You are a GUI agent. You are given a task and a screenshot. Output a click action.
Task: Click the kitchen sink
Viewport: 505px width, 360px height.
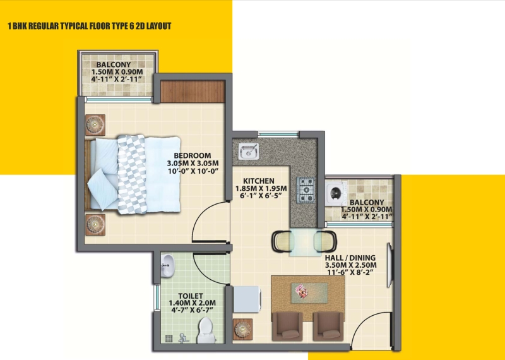(248, 151)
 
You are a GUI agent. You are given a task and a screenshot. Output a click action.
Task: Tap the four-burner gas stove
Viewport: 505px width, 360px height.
(305, 190)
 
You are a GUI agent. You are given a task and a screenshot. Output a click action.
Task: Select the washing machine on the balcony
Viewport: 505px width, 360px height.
(336, 194)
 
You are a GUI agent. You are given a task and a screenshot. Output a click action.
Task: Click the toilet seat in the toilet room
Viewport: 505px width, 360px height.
(206, 330)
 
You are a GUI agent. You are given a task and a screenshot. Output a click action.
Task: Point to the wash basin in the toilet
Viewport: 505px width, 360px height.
(167, 265)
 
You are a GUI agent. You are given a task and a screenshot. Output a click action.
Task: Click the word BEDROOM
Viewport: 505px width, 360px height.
(193, 155)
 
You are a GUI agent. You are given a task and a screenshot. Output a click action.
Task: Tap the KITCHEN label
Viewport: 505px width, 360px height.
(259, 181)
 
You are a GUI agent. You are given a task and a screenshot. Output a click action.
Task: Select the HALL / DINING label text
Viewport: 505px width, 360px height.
(350, 258)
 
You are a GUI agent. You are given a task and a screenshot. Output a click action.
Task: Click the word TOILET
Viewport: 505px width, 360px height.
(191, 296)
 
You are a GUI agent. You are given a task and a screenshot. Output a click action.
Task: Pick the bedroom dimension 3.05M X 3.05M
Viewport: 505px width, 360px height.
(193, 164)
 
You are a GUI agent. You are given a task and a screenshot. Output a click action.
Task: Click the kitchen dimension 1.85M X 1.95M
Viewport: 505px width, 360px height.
(261, 189)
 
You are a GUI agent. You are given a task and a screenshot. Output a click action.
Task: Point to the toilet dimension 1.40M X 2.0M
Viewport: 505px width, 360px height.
(193, 303)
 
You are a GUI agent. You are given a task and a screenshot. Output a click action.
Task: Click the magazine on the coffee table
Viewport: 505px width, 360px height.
(302, 291)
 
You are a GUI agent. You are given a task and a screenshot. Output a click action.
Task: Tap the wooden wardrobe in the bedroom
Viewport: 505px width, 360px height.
(193, 92)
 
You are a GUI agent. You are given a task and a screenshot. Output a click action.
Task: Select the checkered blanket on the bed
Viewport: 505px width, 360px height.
(132, 174)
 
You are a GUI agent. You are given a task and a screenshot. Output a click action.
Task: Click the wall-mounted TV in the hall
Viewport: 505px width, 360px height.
(389, 265)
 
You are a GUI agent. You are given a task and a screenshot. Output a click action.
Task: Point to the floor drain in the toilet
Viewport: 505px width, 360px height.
(169, 339)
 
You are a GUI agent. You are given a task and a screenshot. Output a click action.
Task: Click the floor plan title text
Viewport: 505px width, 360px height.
(90, 26)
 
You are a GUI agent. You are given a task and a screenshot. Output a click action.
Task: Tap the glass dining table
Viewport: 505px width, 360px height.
(306, 242)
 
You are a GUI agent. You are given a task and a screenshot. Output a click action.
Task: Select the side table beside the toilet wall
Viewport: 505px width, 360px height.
(242, 330)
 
